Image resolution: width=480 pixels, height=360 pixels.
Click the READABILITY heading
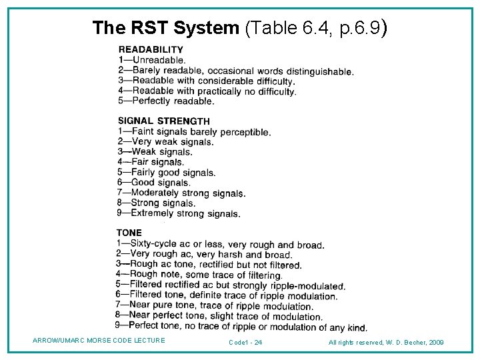click(151, 49)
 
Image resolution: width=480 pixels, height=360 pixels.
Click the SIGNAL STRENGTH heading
click(164, 121)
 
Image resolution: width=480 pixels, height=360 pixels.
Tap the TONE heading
click(129, 233)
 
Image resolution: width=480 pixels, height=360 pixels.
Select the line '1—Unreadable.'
click(152, 60)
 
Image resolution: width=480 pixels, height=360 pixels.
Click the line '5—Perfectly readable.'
click(166, 101)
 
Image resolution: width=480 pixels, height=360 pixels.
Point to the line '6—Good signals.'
click(154, 183)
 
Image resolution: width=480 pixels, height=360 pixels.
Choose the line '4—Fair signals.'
click(151, 162)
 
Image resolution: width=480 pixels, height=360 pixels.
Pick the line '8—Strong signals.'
click(156, 203)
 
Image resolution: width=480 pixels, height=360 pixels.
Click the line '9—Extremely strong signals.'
click(179, 214)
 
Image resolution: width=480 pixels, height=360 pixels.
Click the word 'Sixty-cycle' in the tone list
click(154, 245)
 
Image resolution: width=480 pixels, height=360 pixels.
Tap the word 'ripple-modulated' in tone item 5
click(307, 286)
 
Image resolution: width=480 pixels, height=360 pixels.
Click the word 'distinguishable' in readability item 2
click(316, 71)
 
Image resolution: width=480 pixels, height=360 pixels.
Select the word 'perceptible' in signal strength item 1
click(245, 133)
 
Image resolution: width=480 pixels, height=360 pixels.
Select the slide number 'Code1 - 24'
click(245, 342)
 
